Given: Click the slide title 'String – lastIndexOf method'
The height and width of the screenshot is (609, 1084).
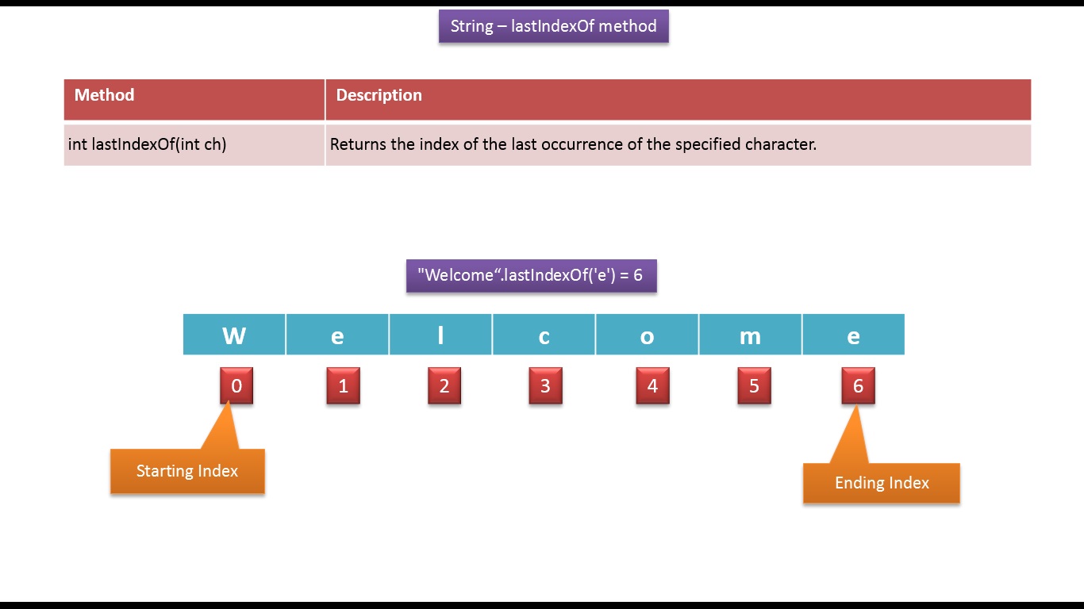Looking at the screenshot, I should [553, 26].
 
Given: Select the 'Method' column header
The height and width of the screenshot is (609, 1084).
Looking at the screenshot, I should [104, 95].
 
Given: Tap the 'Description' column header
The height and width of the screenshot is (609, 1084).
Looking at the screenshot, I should [379, 95].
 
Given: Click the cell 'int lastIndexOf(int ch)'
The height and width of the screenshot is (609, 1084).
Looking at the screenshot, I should [148, 144].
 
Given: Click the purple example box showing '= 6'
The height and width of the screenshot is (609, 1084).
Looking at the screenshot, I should [531, 276].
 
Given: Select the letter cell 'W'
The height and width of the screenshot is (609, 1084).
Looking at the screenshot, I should [234, 335].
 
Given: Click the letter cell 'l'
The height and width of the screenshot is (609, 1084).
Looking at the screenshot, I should [440, 335].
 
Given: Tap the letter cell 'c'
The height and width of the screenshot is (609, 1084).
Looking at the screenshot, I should [544, 335].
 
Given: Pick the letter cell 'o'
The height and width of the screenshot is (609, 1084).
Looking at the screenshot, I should [647, 335].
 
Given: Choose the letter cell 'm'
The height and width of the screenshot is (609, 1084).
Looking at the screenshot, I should [750, 335].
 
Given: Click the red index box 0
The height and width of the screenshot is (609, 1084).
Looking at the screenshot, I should [236, 386].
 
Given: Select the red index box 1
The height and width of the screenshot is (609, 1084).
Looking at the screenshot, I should [343, 386].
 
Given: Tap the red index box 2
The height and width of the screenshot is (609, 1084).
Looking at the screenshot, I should [444, 386].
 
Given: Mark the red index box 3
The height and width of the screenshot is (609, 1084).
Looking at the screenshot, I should [545, 386].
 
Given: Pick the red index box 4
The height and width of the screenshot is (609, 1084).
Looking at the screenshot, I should [652, 386].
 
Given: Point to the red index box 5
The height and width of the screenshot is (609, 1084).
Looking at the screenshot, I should [754, 386].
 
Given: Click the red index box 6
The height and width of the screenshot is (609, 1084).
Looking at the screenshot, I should [858, 386].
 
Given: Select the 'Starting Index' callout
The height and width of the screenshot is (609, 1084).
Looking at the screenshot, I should [187, 471].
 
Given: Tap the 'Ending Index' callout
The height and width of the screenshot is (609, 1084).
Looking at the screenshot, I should [882, 483].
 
